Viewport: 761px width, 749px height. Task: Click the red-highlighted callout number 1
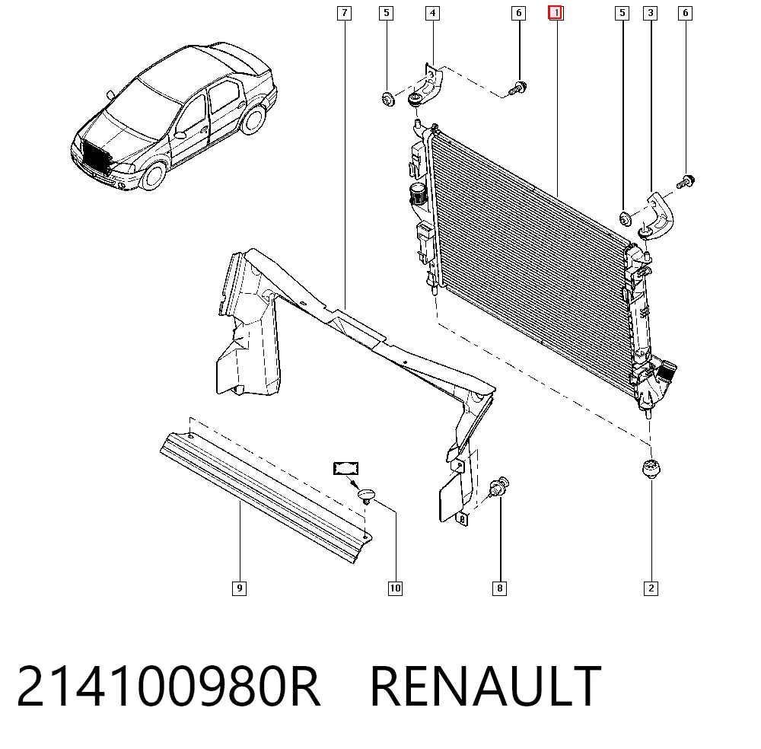point(556,13)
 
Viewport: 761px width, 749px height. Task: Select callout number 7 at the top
point(344,13)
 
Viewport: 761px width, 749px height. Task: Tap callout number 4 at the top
point(432,13)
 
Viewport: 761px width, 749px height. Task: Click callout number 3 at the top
point(651,13)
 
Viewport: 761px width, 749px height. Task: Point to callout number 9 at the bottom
point(239,588)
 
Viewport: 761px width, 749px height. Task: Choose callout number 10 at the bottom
point(396,588)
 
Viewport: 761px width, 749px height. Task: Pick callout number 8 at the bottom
point(499,588)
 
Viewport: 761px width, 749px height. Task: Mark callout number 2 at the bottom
point(651,588)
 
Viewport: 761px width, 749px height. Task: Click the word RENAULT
point(486,686)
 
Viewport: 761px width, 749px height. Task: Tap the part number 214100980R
point(168,686)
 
